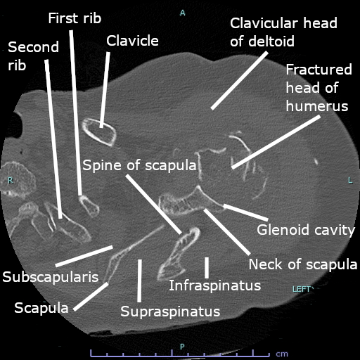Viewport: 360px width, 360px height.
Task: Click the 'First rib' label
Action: [75, 18]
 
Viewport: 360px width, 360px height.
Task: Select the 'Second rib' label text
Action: [33, 56]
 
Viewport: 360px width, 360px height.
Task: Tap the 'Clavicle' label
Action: [132, 41]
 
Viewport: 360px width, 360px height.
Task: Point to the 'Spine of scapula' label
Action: [139, 165]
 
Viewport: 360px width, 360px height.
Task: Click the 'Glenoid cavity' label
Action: [306, 230]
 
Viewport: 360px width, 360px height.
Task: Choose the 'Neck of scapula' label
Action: [303, 264]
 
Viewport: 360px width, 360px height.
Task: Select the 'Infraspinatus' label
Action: [215, 285]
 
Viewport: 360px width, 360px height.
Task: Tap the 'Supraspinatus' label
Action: [170, 311]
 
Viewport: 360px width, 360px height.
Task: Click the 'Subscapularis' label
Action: [51, 277]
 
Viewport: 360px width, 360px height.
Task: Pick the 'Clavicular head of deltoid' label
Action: [283, 32]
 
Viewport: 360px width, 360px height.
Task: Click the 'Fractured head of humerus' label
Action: [319, 88]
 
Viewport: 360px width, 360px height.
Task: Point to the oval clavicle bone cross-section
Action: [99, 132]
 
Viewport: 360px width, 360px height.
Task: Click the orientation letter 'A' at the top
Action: [183, 13]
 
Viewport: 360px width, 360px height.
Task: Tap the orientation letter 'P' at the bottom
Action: [182, 347]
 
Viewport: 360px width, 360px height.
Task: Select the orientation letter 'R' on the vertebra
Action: [11, 181]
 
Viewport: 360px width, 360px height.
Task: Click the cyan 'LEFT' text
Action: [302, 289]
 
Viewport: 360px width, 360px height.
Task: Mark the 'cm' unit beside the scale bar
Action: [282, 354]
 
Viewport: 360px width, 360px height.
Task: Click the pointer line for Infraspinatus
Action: [207, 268]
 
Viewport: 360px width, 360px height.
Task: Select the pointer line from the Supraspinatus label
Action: [139, 281]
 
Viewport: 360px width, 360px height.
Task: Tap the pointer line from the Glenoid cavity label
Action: [246, 212]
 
